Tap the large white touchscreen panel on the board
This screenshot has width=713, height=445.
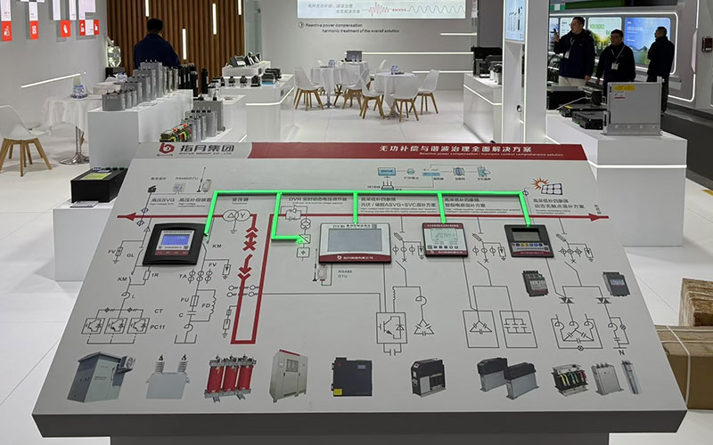355,241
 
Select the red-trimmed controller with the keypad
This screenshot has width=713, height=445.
444,239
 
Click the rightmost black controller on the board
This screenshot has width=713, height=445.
528,239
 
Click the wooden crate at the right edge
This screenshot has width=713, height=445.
696,303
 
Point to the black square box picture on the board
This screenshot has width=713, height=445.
351,376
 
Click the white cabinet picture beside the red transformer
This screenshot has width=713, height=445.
289,374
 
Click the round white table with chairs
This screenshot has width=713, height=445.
392,83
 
